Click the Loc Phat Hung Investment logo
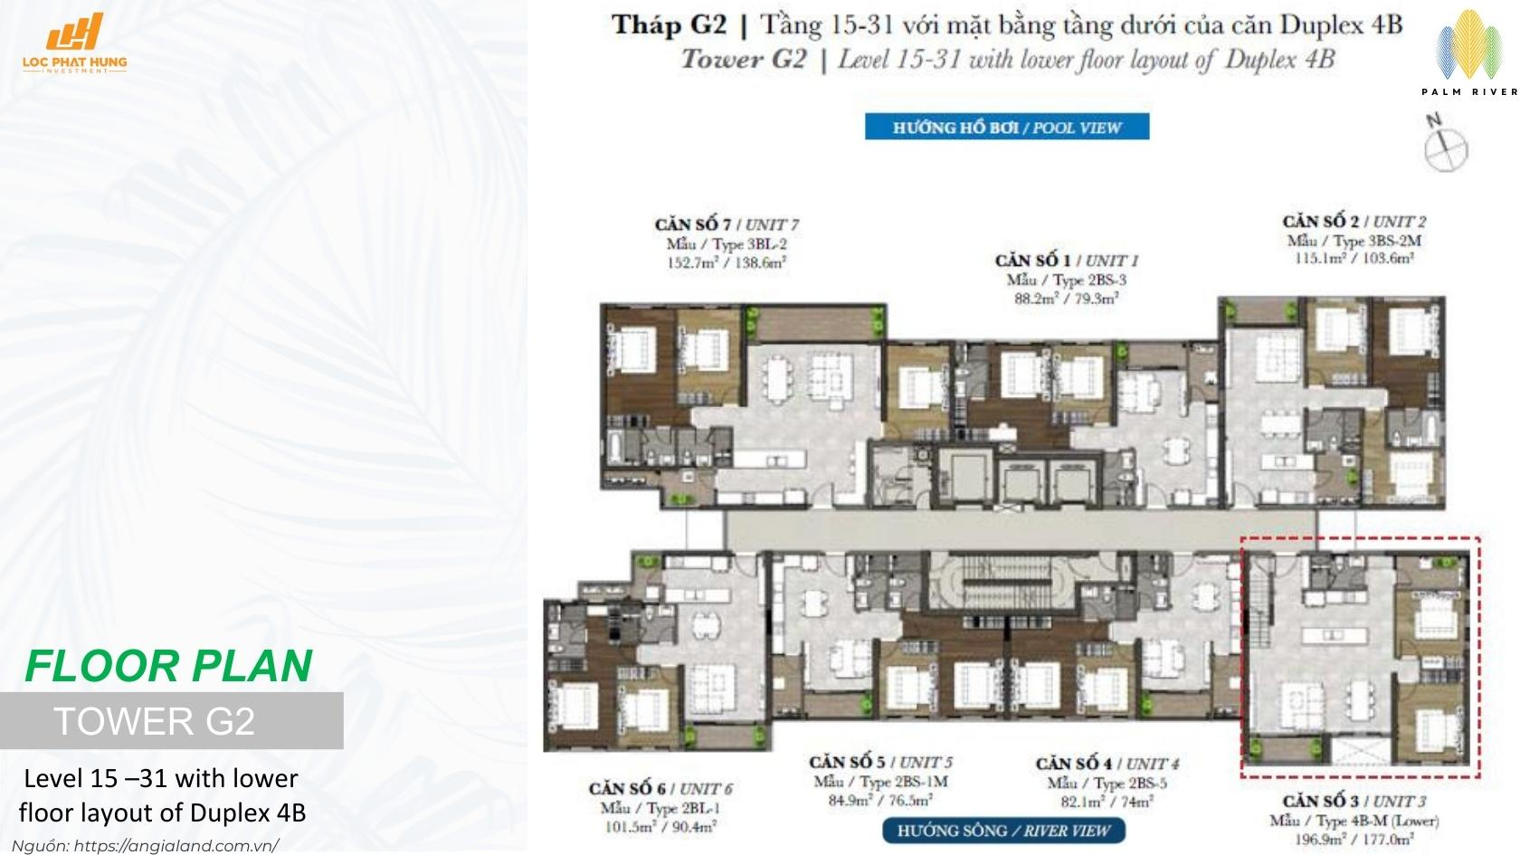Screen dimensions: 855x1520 pyautogui.click(x=75, y=43)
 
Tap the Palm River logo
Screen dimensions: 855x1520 pyautogui.click(x=1468, y=53)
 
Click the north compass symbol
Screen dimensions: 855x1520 pyautogui.click(x=1445, y=145)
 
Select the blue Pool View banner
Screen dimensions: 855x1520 pyautogui.click(x=1006, y=127)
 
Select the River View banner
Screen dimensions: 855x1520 pyautogui.click(x=1003, y=831)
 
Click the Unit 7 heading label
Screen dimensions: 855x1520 pyautogui.click(x=727, y=224)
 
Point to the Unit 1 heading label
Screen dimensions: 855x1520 pyautogui.click(x=1066, y=261)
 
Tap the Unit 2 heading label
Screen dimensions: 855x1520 pyautogui.click(x=1354, y=221)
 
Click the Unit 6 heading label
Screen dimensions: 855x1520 pyautogui.click(x=660, y=789)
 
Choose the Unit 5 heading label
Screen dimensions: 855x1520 pyautogui.click(x=880, y=763)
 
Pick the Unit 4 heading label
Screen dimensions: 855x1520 pyautogui.click(x=1107, y=764)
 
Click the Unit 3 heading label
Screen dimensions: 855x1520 pyautogui.click(x=1354, y=802)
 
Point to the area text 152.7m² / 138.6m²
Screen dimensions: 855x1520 pyautogui.click(x=727, y=263)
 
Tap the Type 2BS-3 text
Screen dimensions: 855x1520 pyautogui.click(x=1066, y=280)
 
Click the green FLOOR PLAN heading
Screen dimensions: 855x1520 pyautogui.click(x=168, y=666)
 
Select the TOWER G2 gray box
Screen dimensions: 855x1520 pyautogui.click(x=171, y=721)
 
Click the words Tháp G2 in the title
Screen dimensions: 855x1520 pyautogui.click(x=670, y=24)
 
